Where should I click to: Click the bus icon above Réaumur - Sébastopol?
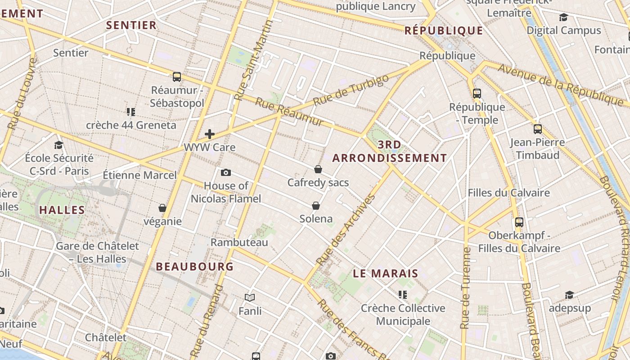coord(177,77)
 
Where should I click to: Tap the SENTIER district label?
coord(131,25)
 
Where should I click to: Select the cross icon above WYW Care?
coord(210,134)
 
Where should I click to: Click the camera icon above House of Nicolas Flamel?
coord(226,172)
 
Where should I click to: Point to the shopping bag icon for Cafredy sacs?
coord(318,169)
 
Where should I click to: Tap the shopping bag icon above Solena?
coord(316,206)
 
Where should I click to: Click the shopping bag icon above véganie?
coord(162,208)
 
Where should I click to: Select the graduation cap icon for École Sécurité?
coord(59,145)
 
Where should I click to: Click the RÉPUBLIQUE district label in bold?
coord(444,31)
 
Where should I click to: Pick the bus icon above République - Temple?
coord(477,94)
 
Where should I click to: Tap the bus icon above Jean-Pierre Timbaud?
coord(538,129)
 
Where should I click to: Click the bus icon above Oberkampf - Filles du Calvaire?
coord(519,222)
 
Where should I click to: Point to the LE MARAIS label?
coord(385,274)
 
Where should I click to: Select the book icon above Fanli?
coord(250,297)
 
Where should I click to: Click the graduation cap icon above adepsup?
coord(570,295)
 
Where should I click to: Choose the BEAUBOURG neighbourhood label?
coord(195,266)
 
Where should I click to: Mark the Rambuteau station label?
coord(239,243)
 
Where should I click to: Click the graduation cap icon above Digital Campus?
coord(563,18)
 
